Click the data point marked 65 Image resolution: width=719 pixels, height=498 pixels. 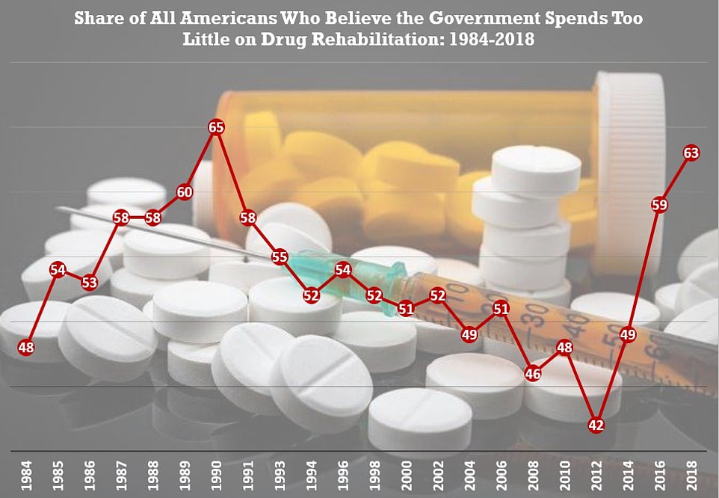(216, 127)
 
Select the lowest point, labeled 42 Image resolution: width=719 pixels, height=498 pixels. (596, 425)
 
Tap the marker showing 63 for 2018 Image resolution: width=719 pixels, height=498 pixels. (691, 153)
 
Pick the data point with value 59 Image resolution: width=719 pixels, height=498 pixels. (659, 204)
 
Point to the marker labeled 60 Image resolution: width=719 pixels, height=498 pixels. (185, 191)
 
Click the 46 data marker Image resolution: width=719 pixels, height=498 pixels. (533, 374)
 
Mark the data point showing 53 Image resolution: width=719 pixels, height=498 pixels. (90, 283)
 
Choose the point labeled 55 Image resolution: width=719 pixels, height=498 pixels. (280, 256)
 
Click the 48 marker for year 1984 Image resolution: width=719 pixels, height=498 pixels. (26, 347)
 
